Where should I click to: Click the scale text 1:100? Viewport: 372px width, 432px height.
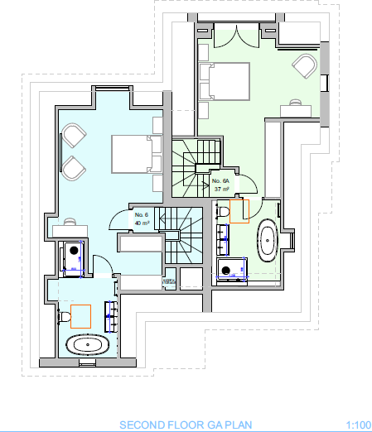[358, 425]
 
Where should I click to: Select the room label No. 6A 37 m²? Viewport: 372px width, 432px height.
[221, 185]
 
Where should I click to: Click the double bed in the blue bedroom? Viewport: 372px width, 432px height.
[132, 153]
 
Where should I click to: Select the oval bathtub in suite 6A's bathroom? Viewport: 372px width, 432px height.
[268, 239]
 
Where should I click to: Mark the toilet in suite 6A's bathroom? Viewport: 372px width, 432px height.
[223, 212]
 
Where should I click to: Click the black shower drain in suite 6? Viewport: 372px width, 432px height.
[74, 249]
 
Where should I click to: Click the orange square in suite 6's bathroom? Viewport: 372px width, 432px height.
[80, 316]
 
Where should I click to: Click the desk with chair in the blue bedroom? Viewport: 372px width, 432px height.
[70, 226]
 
